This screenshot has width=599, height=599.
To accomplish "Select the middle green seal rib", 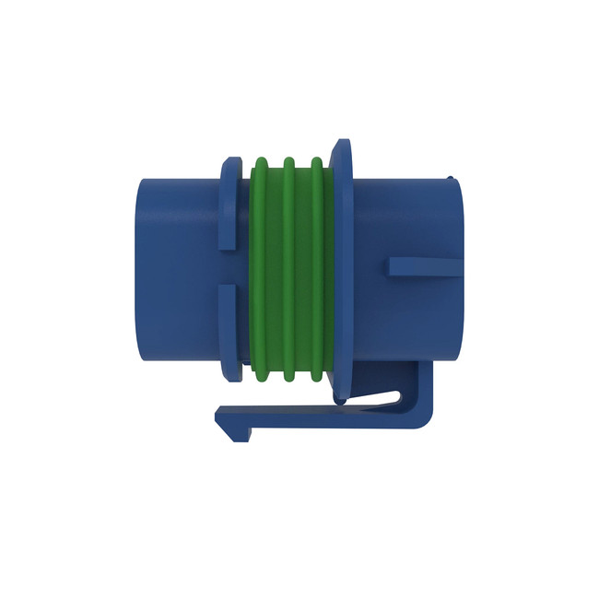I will (288, 267).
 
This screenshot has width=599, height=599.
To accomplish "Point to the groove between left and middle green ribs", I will (274, 267).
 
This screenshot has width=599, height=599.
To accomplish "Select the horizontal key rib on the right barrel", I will (424, 267).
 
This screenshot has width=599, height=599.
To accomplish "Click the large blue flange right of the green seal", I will (343, 267).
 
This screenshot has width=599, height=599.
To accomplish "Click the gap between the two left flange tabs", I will (228, 266).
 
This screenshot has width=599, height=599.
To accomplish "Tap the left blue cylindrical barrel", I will (175, 267).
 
